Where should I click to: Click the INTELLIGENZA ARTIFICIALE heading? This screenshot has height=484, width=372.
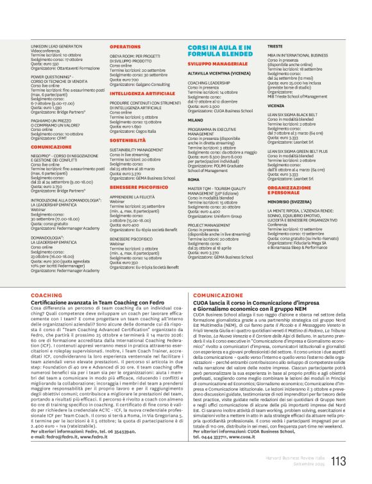pos(134,93)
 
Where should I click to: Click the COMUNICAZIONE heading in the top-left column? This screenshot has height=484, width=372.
pos(51,147)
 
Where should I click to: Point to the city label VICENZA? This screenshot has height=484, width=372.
pos(276,105)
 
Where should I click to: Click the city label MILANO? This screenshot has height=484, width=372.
pos(195,119)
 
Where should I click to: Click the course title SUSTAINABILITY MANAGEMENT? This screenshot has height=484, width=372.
pos(136,149)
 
